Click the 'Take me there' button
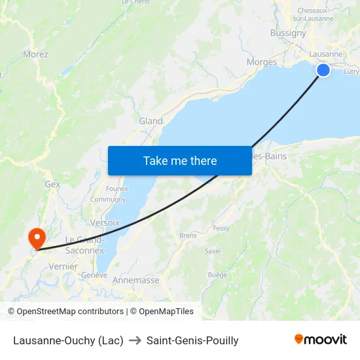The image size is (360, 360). coord(180,161)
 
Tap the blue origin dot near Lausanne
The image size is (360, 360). coord(323,70)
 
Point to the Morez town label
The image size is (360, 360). coord(35,54)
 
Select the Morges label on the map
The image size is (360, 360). coord(262,62)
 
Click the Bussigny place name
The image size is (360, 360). coord(288,33)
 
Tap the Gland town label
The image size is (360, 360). coord(151,121)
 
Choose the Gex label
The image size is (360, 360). coord(52,185)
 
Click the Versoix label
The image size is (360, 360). coord(105,223)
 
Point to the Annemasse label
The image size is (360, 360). coord(136,280)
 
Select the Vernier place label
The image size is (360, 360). coord(63,266)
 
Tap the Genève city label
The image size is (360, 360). coord(94,276)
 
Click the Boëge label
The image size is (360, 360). coord(217,275)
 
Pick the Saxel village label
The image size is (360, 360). coord(213,251)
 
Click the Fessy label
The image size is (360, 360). coord(221,228)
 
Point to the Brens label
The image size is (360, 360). coord(187,235)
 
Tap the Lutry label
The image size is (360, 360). coord(351,72)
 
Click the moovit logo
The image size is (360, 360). coord(321,340)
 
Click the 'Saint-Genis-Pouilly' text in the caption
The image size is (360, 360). coord(192,340)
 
